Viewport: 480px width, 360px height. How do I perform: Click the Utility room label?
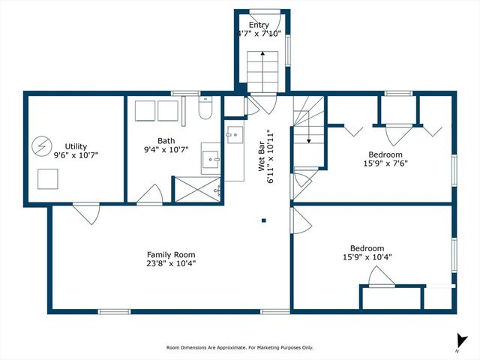pos(76,145)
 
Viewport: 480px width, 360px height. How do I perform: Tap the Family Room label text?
pos(171,254)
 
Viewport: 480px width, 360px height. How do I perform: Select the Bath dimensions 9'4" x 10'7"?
pos(166,149)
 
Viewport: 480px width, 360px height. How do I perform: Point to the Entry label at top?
pos(259,25)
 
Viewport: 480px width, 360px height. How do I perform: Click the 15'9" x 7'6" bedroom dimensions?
pos(385,163)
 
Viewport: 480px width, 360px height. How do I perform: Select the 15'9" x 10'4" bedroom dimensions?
pos(367,257)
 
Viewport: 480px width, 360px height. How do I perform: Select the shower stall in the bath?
pos(196,189)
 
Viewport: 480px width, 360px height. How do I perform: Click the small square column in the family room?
pos(264,220)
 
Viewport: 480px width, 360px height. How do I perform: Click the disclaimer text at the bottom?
pos(239,347)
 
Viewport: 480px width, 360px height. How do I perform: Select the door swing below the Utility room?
pos(86,214)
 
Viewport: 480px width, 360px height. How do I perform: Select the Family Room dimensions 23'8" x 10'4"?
pos(171,263)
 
